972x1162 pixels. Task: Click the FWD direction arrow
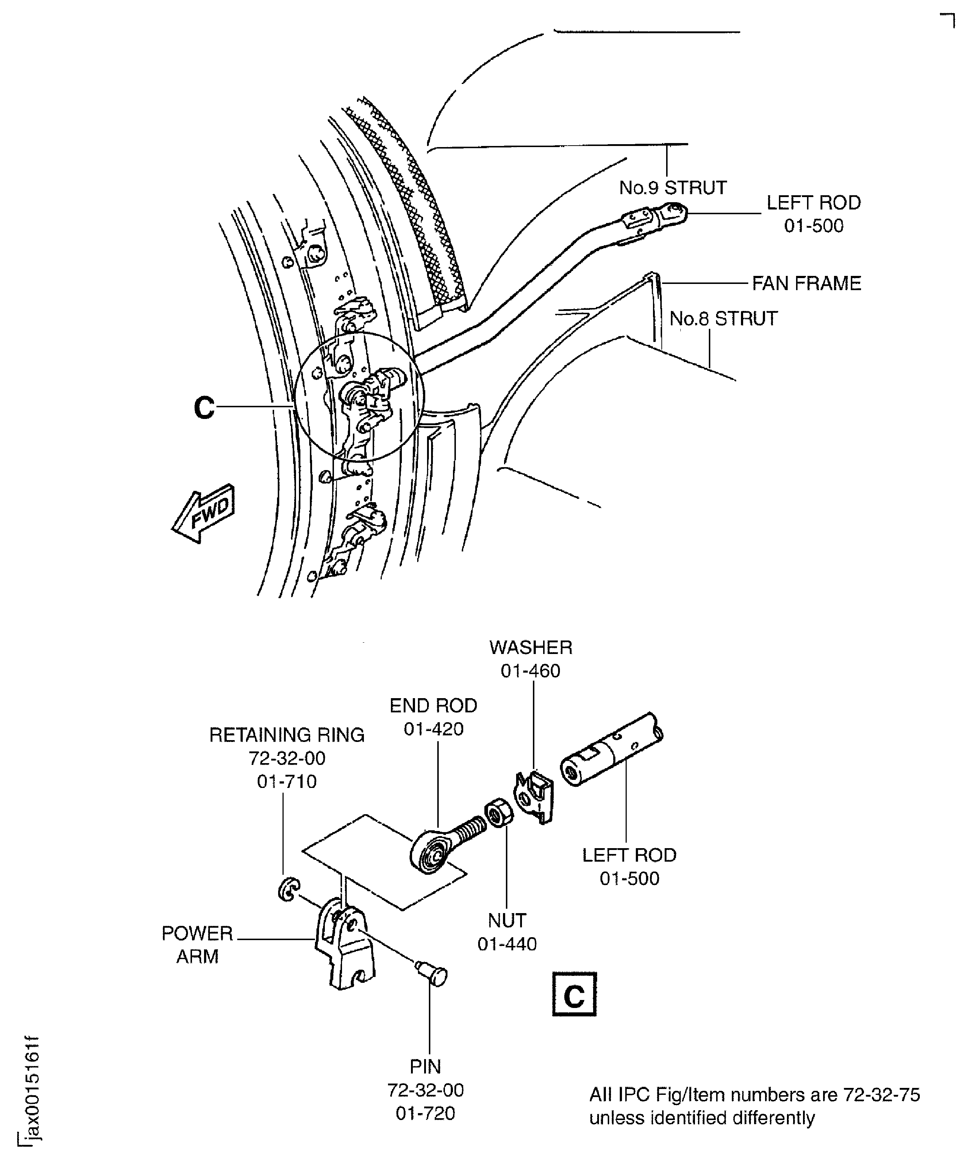pyautogui.click(x=204, y=514)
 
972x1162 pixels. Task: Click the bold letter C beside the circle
pyautogui.click(x=204, y=408)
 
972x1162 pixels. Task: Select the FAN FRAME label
pyautogui.click(x=806, y=283)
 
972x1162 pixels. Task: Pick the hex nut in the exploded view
pyautogui.click(x=499, y=813)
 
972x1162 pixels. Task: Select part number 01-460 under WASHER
pyautogui.click(x=530, y=671)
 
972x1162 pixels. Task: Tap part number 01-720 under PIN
pyautogui.click(x=425, y=1113)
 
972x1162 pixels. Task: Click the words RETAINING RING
pyautogui.click(x=287, y=735)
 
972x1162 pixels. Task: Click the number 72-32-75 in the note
pyautogui.click(x=881, y=1094)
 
